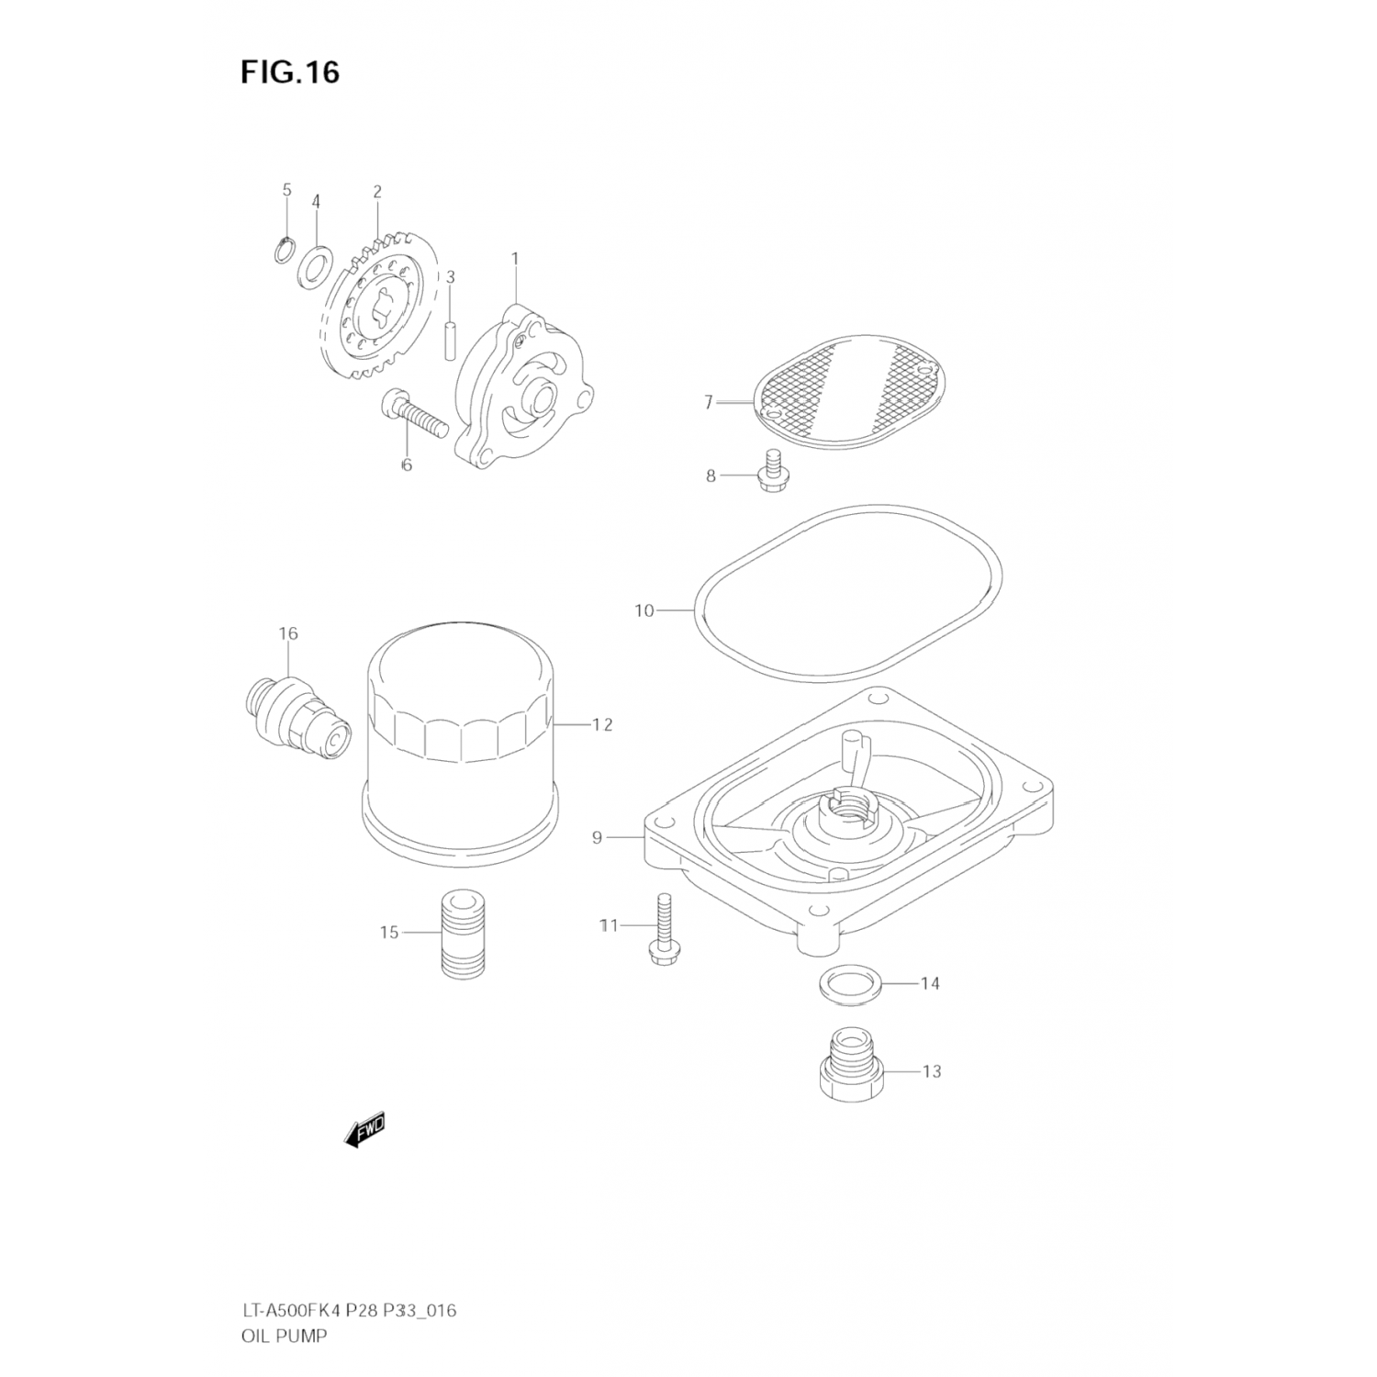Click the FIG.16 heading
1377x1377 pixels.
pyautogui.click(x=290, y=72)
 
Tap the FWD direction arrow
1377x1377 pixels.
pyautogui.click(x=365, y=1130)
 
